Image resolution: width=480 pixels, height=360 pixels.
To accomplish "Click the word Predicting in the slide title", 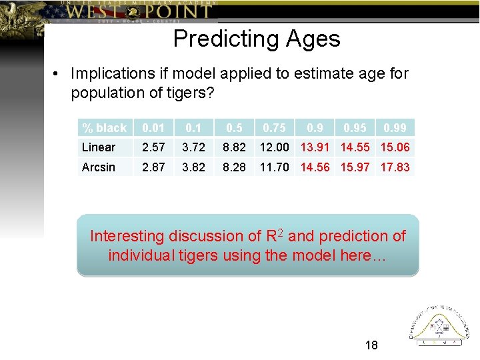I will tap(215, 39).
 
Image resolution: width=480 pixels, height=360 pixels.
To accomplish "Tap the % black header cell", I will tap(104, 128).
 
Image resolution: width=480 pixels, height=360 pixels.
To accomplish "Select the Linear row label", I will tap(99, 147).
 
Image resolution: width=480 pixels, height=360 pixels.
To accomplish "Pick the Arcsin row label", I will tap(99, 167).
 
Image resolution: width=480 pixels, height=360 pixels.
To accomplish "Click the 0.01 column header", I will tap(153, 128).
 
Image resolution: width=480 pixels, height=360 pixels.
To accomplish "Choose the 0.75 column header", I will tap(275, 128).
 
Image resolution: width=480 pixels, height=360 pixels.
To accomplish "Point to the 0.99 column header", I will tap(394, 128).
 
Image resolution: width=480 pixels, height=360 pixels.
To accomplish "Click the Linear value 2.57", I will tap(153, 147).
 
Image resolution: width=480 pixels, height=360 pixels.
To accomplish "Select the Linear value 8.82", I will tap(234, 147).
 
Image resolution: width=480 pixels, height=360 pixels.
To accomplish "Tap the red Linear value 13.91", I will tap(315, 147).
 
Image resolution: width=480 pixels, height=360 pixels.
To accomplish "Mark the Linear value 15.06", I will tap(394, 147).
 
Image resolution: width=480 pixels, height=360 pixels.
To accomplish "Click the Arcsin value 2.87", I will tap(153, 167).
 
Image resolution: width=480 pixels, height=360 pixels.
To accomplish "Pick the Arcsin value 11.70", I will tap(275, 167).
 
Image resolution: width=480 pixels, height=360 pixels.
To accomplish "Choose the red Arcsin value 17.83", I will tap(394, 167).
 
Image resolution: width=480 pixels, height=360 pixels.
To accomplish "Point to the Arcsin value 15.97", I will tap(355, 167).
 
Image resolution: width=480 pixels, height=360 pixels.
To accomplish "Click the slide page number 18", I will tap(371, 345).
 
